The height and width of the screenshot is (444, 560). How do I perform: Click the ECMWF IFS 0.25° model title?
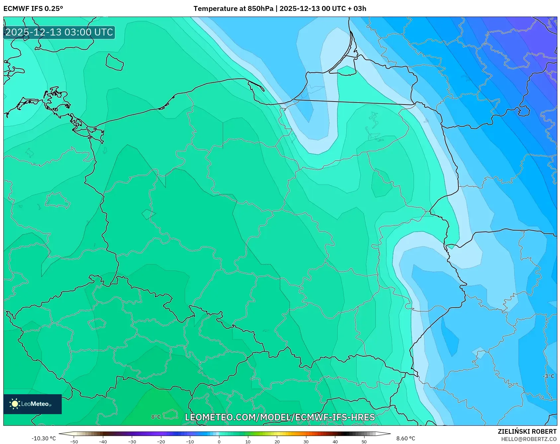(x=33, y=9)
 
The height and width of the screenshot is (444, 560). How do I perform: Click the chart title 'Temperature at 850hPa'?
(x=233, y=9)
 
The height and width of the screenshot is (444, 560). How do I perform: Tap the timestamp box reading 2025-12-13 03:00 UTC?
(x=59, y=33)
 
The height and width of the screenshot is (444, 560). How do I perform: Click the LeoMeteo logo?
(x=32, y=404)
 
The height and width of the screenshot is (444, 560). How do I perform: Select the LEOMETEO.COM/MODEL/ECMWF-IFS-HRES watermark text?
(x=280, y=417)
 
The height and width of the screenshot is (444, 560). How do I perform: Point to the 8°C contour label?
(x=156, y=417)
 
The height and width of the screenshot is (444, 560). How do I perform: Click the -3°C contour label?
(x=549, y=376)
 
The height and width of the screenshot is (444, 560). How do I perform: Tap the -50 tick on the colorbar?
(x=74, y=442)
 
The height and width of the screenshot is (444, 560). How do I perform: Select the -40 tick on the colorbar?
(x=103, y=442)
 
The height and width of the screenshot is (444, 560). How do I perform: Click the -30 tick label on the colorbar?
(x=132, y=442)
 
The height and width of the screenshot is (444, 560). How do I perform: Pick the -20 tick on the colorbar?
(x=161, y=442)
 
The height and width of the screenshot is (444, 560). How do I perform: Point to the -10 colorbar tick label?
(x=190, y=442)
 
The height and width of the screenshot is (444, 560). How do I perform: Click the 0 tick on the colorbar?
(x=219, y=442)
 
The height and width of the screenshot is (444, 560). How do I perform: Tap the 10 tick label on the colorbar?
(x=248, y=442)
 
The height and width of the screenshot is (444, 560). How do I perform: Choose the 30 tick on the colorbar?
(x=306, y=442)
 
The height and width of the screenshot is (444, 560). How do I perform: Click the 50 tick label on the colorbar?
(x=364, y=442)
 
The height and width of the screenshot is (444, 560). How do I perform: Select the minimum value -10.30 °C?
(x=44, y=438)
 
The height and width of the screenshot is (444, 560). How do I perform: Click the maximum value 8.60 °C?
(x=406, y=438)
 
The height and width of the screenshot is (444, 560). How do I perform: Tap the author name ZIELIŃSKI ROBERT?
(x=527, y=431)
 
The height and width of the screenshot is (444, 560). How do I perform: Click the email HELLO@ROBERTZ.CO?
(x=528, y=439)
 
